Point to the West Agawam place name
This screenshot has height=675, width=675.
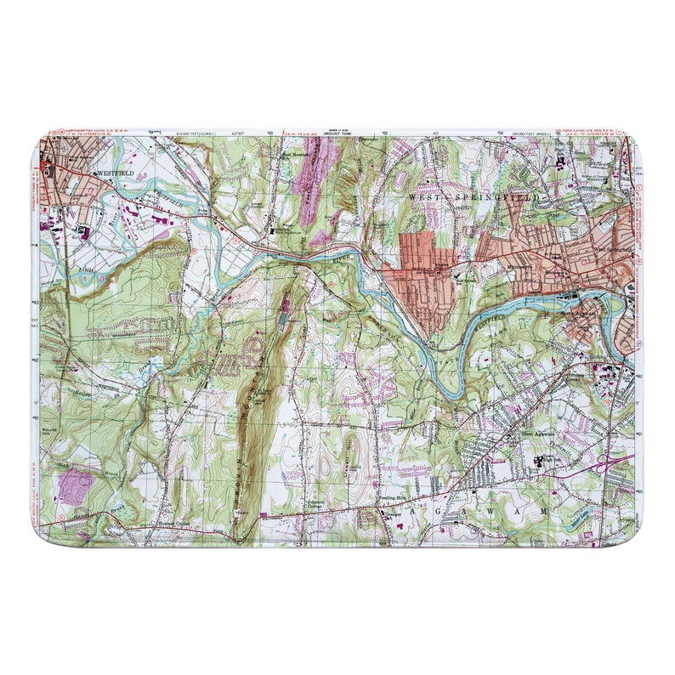coord(537,434)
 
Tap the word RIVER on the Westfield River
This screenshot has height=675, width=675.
coord(341,252)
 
